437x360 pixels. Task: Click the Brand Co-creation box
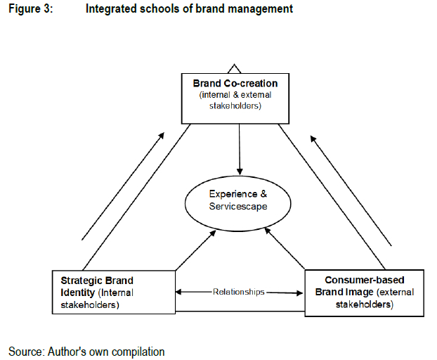[x=235, y=98]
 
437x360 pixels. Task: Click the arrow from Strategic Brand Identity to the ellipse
[x=195, y=250]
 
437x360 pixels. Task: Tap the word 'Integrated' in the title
[x=108, y=10]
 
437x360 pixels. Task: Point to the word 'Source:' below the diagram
[x=26, y=349]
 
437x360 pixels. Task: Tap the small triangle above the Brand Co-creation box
[x=235, y=68]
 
